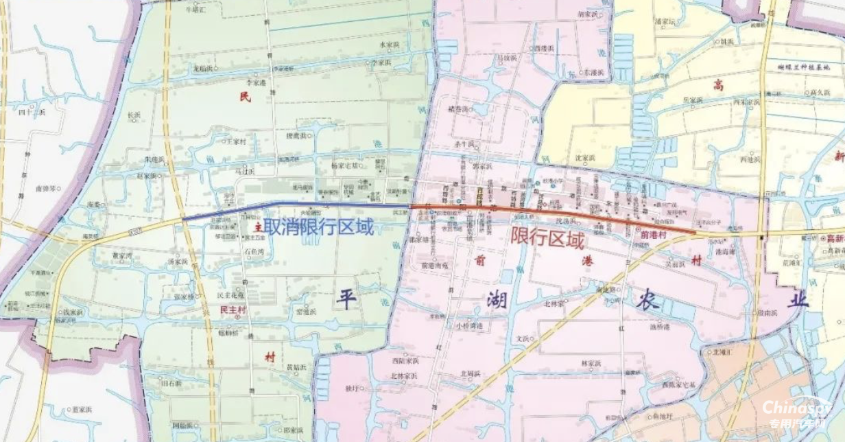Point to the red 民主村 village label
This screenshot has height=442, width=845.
[233, 310]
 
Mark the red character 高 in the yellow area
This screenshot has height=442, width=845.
[718, 84]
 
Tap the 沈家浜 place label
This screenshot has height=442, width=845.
[584, 158]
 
